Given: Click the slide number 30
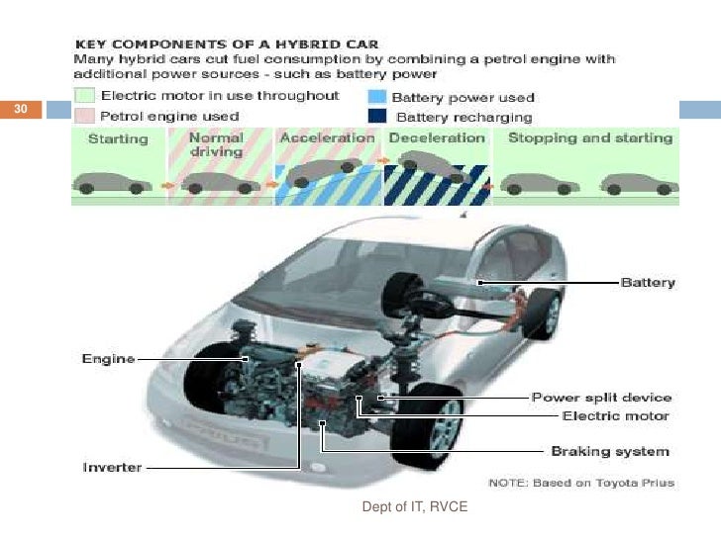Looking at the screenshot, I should pos(19,110).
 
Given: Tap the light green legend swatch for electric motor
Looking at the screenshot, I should pos(84,97).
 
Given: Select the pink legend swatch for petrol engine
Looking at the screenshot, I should pos(84,116).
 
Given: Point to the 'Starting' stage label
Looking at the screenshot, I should pos(119,139).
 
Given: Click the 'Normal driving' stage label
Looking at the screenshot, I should pos(216,145).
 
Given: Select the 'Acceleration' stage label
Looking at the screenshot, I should pos(328,138).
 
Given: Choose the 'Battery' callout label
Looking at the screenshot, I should pos(647,283).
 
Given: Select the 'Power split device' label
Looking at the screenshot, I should pos(601,398).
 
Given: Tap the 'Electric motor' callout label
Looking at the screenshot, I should pos(615,416).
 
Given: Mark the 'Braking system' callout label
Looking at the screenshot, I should pos(609,452).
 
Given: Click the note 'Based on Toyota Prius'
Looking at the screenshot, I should pos(582,483).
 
